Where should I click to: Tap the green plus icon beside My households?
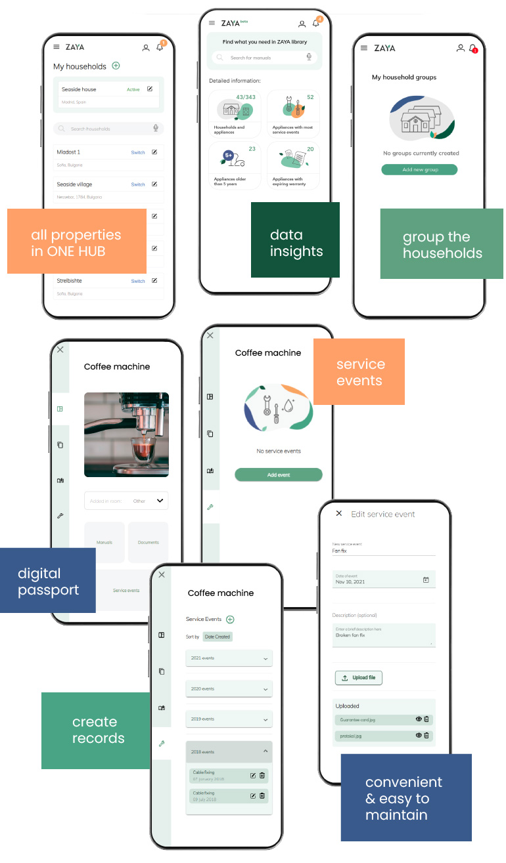(x=116, y=66)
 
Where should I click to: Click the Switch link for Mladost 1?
(x=138, y=152)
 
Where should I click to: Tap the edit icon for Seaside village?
(x=154, y=184)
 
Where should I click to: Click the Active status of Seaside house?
(x=133, y=89)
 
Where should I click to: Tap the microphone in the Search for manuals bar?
(x=309, y=58)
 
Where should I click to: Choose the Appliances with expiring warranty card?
(x=292, y=165)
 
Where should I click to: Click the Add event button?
(x=279, y=474)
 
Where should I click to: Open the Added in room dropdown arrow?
(x=160, y=501)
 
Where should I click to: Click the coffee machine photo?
(x=126, y=434)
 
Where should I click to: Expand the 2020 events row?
(x=229, y=689)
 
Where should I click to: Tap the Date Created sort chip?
(x=218, y=637)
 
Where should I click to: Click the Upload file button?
(x=359, y=677)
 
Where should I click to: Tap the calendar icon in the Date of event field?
(x=426, y=579)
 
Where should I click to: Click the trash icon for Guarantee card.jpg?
(x=426, y=719)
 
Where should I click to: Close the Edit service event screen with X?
(x=339, y=513)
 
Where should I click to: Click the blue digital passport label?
(x=48, y=581)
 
